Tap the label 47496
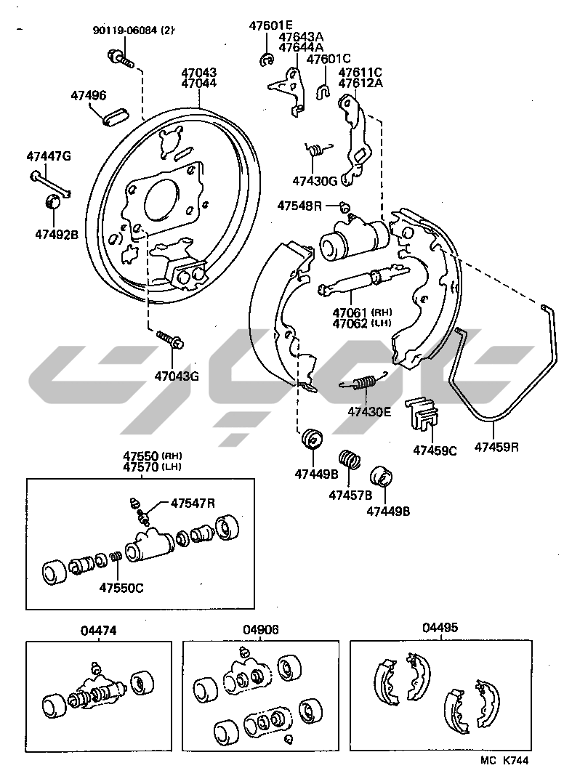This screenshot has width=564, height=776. [x=88, y=95]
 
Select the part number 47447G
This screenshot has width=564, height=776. [x=49, y=156]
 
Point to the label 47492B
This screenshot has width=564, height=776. [x=55, y=234]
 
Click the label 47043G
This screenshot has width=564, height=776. [x=176, y=376]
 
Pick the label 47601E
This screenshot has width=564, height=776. [x=271, y=25]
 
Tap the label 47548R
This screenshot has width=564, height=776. [x=299, y=206]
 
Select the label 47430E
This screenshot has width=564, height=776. [x=368, y=411]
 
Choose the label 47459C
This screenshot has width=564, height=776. [x=435, y=449]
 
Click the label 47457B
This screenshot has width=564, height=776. [x=350, y=495]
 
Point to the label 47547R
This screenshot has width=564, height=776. [x=193, y=503]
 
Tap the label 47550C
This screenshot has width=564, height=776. [x=121, y=587]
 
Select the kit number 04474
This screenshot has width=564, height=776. [x=98, y=631]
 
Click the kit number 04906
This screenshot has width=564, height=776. [x=261, y=630]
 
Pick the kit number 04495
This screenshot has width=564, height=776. [x=440, y=628]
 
